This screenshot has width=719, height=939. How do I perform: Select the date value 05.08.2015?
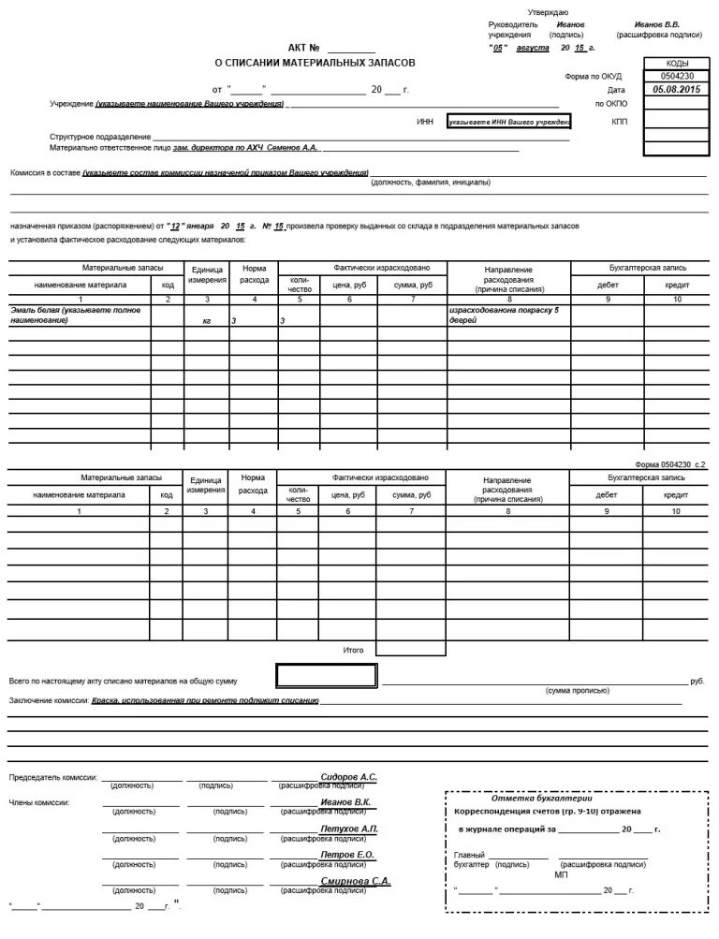click(x=677, y=89)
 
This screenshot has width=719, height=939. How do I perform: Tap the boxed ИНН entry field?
click(x=509, y=122)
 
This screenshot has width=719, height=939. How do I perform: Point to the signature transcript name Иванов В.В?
click(x=656, y=24)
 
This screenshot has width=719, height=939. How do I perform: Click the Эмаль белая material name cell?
click(x=80, y=315)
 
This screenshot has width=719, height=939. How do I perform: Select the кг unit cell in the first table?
click(x=206, y=321)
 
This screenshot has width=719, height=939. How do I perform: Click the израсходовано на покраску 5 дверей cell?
click(x=507, y=315)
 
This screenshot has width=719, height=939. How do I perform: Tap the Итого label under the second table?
click(x=353, y=649)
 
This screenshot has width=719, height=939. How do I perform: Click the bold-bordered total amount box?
click(x=327, y=676)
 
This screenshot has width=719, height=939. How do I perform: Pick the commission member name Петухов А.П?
click(x=348, y=829)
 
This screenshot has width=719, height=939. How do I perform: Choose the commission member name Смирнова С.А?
click(x=355, y=881)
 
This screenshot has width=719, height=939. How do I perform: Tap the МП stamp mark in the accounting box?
click(x=560, y=873)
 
